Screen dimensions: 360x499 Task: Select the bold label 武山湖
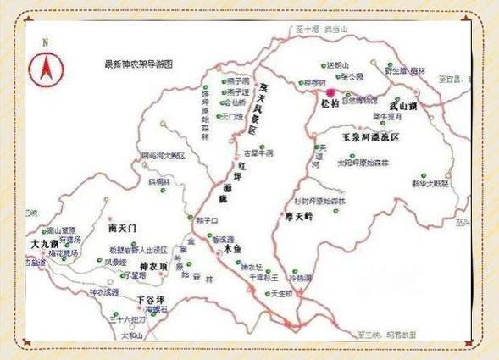[x=402, y=106]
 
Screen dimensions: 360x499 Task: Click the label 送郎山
[x=336, y=65]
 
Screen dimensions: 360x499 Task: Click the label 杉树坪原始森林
[x=321, y=201]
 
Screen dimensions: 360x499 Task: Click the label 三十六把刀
[x=129, y=319]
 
